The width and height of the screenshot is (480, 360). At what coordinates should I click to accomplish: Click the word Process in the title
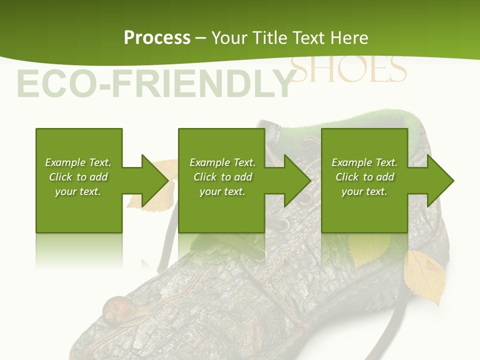click(157, 37)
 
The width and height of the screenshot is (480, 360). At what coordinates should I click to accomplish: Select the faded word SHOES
click(348, 70)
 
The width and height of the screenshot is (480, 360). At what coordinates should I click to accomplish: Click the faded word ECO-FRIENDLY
click(154, 84)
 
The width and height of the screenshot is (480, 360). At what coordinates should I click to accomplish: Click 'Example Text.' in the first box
click(78, 162)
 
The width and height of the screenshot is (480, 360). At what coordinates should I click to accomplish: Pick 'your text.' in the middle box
click(222, 191)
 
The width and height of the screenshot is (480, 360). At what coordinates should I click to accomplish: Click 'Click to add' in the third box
click(364, 177)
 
